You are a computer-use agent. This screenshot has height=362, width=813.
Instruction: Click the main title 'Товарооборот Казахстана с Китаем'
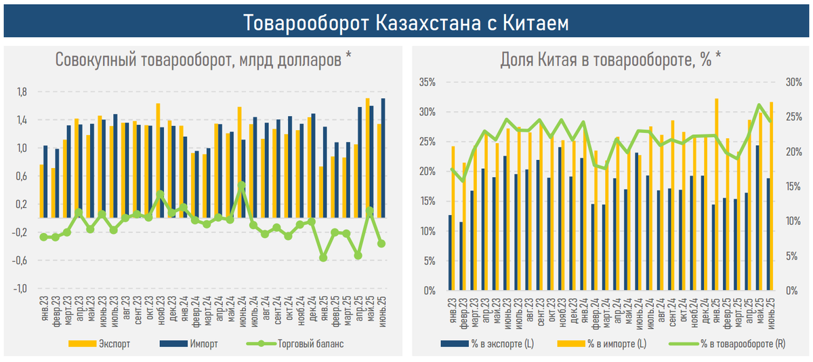(406, 23)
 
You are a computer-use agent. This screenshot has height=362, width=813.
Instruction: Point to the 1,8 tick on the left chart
(22, 92)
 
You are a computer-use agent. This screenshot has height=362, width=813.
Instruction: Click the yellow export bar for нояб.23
(158, 160)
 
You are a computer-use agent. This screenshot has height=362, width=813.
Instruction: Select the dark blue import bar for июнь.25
(384, 157)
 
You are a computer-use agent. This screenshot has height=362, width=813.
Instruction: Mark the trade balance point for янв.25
(323, 258)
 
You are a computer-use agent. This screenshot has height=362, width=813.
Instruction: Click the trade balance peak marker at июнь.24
(241, 185)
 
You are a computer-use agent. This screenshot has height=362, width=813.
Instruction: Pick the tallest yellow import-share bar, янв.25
(716, 195)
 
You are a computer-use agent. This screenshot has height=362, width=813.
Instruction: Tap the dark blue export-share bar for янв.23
(450, 253)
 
